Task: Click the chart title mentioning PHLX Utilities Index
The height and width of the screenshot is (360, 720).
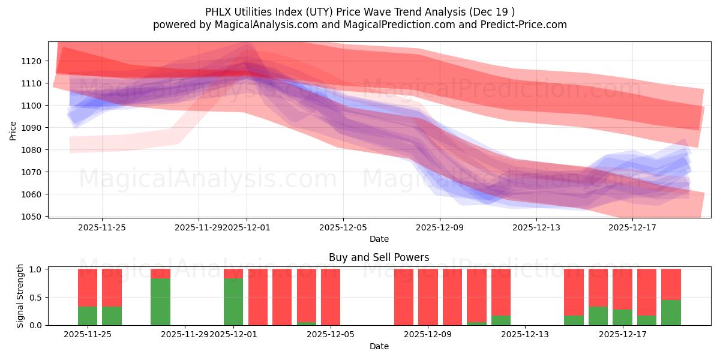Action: click(x=359, y=11)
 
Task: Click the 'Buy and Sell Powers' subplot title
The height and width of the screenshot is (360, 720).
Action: click(x=379, y=257)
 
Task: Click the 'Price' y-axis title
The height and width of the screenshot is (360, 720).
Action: click(x=13, y=130)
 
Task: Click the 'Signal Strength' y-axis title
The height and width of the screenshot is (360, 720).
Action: click(x=20, y=296)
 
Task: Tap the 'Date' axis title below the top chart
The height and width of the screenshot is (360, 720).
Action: click(x=379, y=239)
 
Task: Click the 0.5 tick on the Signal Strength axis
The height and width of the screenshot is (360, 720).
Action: click(x=35, y=297)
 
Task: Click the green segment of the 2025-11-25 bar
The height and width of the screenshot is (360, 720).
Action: click(x=88, y=316)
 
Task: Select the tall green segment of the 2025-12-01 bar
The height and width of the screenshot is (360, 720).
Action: click(x=233, y=302)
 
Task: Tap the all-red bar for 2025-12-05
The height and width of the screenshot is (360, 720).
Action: click(x=331, y=297)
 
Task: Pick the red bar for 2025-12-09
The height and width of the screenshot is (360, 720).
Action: click(x=428, y=297)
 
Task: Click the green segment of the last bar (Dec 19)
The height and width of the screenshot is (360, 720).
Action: click(x=671, y=313)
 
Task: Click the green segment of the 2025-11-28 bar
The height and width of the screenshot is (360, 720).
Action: click(x=160, y=302)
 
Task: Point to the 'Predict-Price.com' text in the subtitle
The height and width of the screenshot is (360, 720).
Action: click(x=526, y=25)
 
